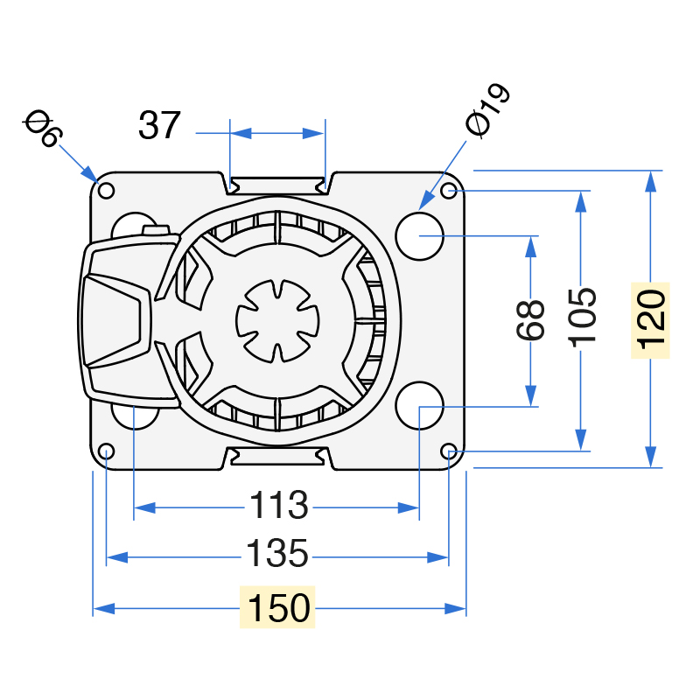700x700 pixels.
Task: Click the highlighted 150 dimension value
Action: coord(277,608)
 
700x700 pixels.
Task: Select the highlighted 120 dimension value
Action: coord(651,319)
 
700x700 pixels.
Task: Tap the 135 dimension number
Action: coord(277,555)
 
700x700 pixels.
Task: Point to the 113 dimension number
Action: coord(277,506)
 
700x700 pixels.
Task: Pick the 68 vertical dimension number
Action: coord(531,320)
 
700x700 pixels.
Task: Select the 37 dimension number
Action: coord(159,126)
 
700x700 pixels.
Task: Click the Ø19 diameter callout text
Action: coord(487,111)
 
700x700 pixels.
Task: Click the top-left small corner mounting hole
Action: coord(107,191)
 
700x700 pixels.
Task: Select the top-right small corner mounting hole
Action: coord(449,191)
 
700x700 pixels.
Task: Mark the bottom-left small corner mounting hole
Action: coord(107,451)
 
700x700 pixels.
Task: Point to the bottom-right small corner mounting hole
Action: coord(449,451)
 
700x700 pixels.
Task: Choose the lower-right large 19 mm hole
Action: coord(420,406)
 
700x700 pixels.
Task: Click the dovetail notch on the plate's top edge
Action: coord(277,184)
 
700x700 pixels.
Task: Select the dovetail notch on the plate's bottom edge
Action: coord(277,456)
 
